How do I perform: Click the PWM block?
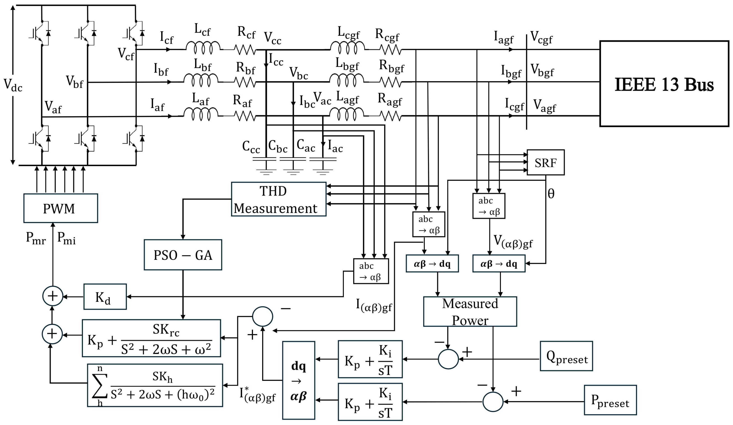point(61,208)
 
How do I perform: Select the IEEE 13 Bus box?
point(664,84)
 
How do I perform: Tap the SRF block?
point(545,162)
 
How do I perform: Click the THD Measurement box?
point(278,199)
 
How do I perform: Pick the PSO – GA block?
point(183,255)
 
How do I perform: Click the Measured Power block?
point(470,312)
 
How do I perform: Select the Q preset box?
point(566,356)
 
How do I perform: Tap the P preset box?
point(610,400)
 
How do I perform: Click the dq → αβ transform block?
point(298,380)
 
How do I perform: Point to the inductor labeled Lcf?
point(203,47)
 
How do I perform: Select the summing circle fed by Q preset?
point(448,359)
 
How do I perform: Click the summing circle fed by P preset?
point(493,402)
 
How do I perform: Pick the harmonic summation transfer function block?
point(155,385)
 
